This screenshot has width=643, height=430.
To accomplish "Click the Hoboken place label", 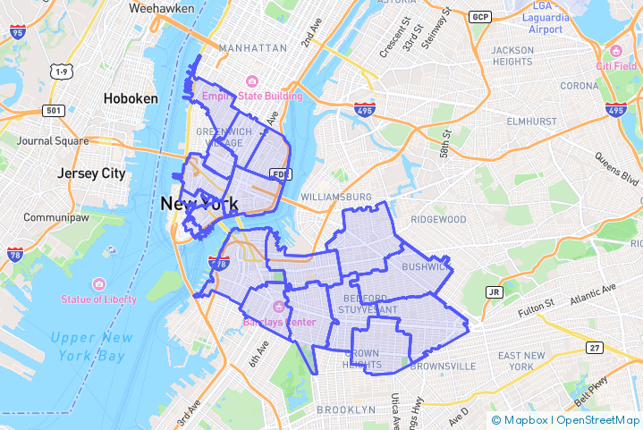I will coord(131,98).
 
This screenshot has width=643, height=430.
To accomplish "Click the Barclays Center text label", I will coord(280,321).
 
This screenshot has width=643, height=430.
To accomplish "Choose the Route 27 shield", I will coord(595,347).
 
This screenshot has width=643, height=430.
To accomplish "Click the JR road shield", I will coord(493,292).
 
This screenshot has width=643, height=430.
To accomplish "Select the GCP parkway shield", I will coord(481,17).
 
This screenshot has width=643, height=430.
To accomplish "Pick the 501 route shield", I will coord(54,111).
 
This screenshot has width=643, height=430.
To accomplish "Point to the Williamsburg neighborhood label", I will coord(336,196).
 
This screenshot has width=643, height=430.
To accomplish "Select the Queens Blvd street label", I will coord(616,168).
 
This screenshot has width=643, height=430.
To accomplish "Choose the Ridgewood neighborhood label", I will coord(438,219).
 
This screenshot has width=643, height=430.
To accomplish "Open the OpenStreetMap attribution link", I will coord(598,419).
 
